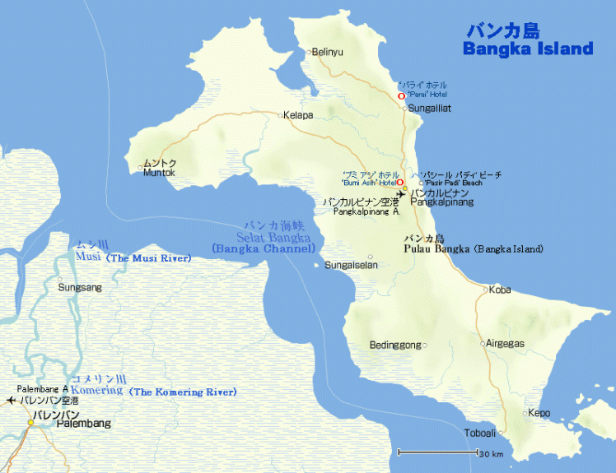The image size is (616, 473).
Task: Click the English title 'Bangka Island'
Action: [527, 49]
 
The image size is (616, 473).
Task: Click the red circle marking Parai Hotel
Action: [401, 96]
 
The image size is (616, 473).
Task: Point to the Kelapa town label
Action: [298, 115]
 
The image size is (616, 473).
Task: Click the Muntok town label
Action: [159, 173]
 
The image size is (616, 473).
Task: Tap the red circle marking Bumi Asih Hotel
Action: [400, 183]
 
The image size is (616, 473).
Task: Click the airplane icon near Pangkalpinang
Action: [401, 195]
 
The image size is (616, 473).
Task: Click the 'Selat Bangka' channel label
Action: [273, 237]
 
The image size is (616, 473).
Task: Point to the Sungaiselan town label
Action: [351, 265]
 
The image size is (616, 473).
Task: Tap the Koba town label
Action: [500, 290]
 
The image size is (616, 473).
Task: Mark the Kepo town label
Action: [539, 413]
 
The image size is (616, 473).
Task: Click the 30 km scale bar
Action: [438, 452]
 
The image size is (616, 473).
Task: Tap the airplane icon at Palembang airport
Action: [10, 400]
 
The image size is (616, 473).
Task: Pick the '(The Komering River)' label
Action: [183, 392]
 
